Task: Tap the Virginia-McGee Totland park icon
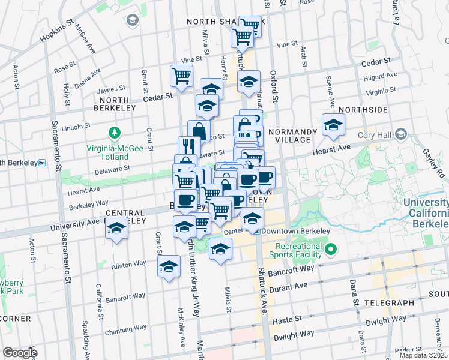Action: [112, 132]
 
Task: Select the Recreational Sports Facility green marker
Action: [330, 248]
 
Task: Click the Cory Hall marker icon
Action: [401, 134]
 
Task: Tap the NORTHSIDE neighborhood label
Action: [362, 110]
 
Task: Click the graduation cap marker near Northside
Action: [332, 124]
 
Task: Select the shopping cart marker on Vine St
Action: [181, 75]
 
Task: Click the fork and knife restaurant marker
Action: [188, 146]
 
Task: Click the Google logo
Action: [19, 352]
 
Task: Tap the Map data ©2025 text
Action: [423, 355]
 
